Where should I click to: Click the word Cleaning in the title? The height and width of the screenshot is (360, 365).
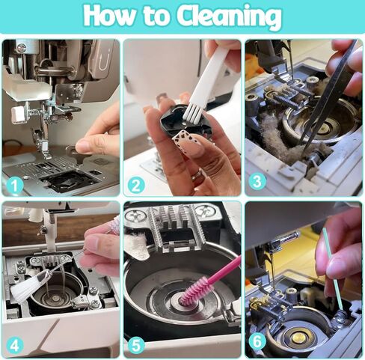(230, 16)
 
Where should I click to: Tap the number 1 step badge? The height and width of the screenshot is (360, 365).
(15, 185)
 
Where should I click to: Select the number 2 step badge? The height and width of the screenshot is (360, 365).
(136, 185)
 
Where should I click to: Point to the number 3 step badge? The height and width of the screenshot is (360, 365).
(257, 181)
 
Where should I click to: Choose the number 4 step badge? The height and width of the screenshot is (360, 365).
(15, 346)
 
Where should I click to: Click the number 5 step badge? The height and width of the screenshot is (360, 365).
(136, 346)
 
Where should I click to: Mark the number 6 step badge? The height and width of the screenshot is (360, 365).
(257, 341)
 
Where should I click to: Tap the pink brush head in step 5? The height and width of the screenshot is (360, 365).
(193, 291)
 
